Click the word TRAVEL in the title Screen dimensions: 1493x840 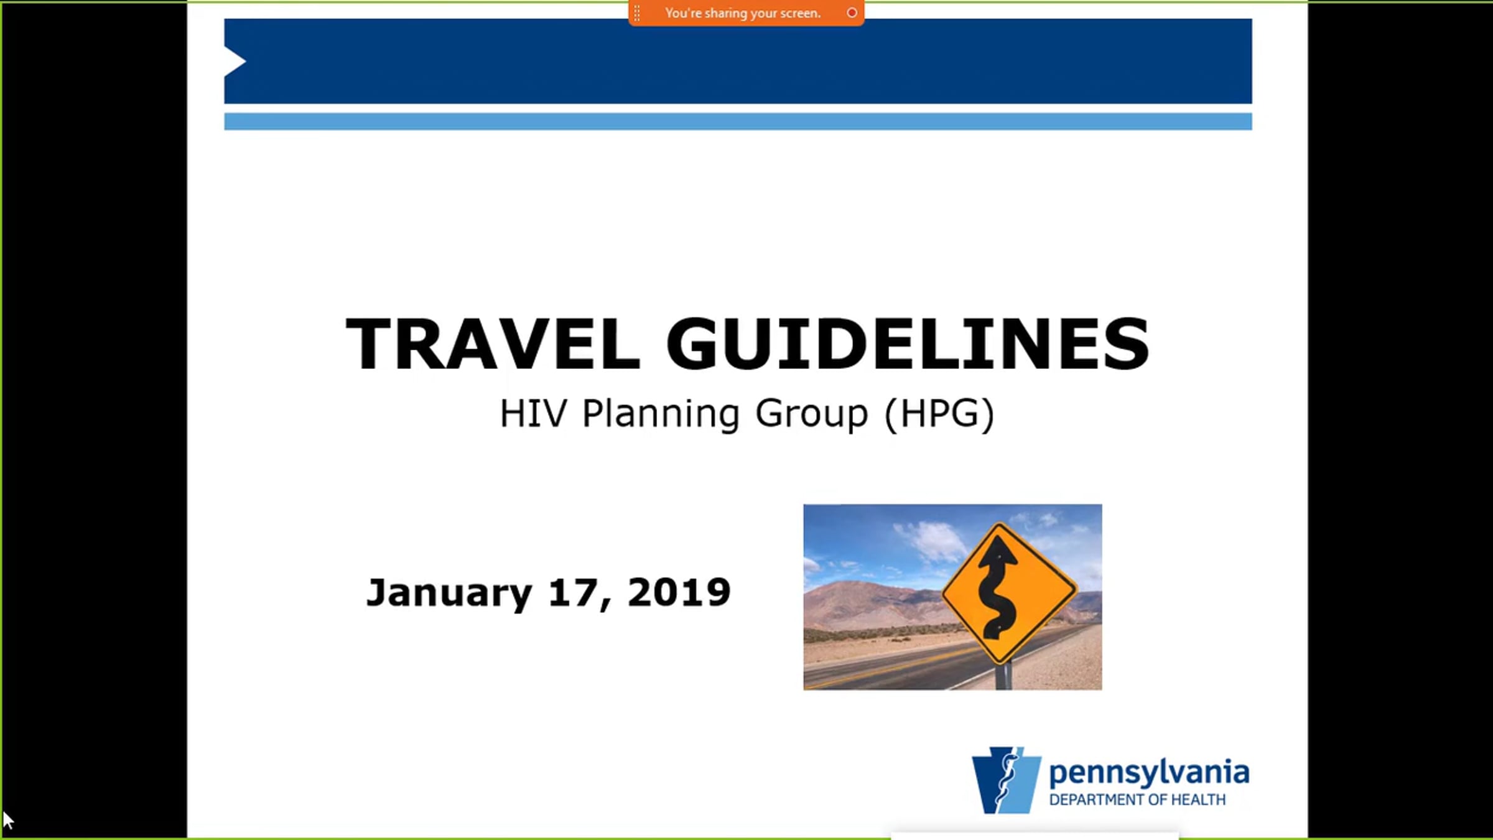[x=493, y=343]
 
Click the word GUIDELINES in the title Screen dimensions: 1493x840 [x=908, y=343]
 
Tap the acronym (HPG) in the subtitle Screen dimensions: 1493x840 [x=939, y=413]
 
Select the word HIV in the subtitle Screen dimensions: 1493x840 [x=534, y=413]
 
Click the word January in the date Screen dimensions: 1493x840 [x=449, y=593]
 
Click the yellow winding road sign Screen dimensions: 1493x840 [x=1009, y=594]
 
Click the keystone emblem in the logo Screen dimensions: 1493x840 [x=1006, y=780]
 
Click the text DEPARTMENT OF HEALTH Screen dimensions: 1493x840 [x=1137, y=800]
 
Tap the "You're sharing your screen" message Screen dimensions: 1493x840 [x=743, y=13]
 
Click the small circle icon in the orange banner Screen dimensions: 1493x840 [x=852, y=12]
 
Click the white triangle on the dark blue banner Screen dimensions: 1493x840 [x=235, y=61]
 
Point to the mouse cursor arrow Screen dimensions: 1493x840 [x=8, y=821]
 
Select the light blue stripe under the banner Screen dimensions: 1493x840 [x=738, y=121]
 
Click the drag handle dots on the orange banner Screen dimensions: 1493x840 [x=637, y=12]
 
